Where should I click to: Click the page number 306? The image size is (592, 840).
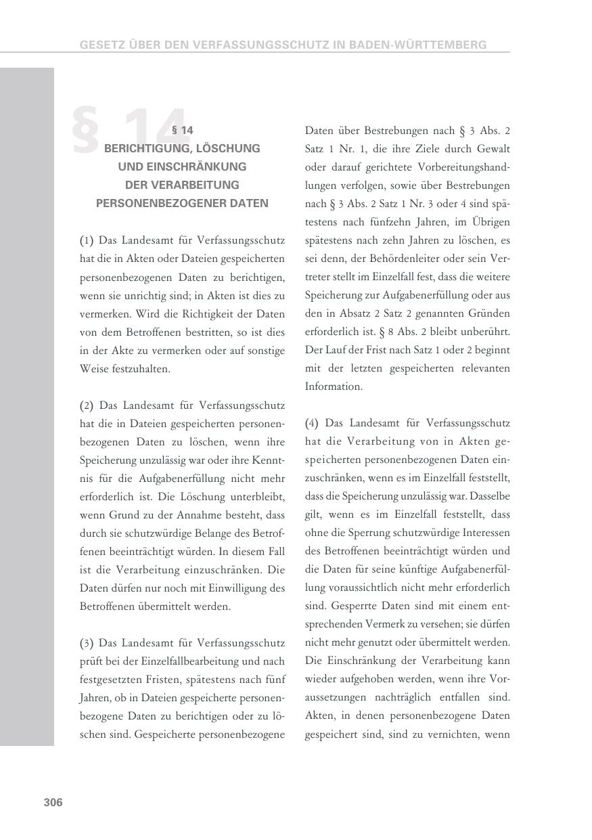tap(53, 802)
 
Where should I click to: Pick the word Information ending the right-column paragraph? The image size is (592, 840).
tap(334, 386)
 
